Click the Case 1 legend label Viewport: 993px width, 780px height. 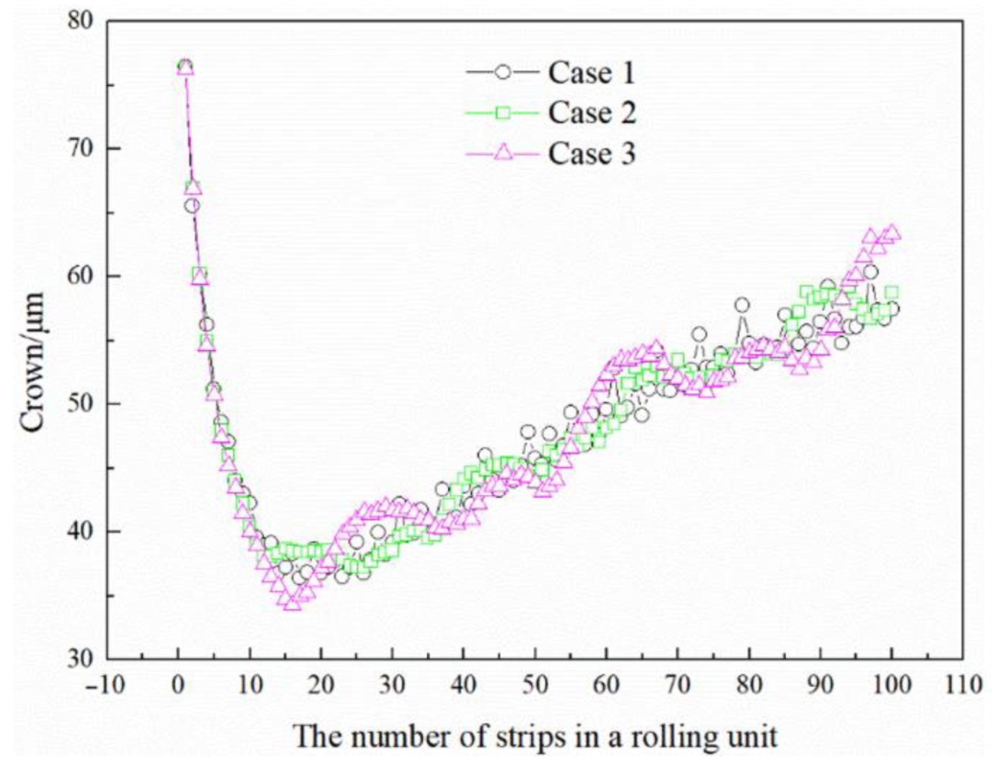click(592, 72)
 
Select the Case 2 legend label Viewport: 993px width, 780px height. click(592, 112)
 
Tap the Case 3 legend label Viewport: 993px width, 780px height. click(592, 153)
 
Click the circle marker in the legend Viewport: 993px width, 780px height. click(503, 72)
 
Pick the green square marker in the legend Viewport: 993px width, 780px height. click(503, 112)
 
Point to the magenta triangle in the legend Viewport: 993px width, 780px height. click(503, 152)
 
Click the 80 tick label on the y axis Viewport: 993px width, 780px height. click(80, 20)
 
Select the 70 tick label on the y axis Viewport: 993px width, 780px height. click(80, 149)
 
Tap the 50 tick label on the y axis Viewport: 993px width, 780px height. click(80, 404)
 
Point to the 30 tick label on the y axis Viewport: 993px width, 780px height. click(80, 658)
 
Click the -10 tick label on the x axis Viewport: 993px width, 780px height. click(105, 684)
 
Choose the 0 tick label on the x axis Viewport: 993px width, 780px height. click(178, 684)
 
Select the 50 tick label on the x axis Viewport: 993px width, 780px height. click(535, 684)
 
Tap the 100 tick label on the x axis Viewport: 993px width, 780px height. click(891, 684)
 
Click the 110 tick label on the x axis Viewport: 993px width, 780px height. click(962, 684)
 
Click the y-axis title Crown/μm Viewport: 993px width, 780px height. click(32, 362)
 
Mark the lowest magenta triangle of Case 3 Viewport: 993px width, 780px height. click(292, 603)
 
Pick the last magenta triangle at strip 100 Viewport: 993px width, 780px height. click(892, 232)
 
